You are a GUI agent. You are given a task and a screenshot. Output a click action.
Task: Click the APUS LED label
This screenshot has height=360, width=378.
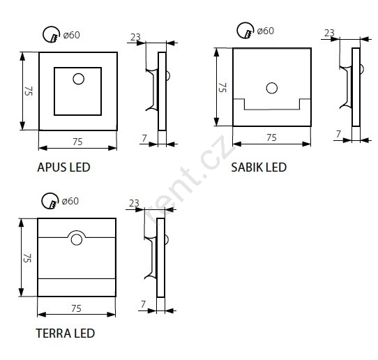[63, 167]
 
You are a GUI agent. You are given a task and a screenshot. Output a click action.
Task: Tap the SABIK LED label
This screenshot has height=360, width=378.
[259, 167]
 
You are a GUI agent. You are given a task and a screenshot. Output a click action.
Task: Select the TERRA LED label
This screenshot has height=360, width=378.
[66, 333]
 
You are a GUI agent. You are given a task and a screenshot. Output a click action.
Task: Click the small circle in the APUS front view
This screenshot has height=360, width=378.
[78, 79]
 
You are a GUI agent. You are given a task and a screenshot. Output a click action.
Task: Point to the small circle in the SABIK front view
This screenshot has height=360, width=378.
[272, 88]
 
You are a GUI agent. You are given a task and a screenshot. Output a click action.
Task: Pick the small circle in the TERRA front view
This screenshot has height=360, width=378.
[77, 240]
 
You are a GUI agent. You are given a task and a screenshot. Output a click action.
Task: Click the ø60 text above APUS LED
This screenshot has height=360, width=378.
[71, 35]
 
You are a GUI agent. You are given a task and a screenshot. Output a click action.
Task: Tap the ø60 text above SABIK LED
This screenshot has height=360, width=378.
[266, 31]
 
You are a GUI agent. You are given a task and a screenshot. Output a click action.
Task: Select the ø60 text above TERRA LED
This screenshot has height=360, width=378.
[70, 201]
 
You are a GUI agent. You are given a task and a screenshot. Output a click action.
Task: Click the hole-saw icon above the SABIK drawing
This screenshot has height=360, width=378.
[245, 31]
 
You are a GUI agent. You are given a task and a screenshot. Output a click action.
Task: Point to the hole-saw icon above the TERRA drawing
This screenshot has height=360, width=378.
[50, 201]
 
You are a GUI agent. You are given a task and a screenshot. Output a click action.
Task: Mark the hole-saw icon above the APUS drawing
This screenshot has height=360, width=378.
[52, 34]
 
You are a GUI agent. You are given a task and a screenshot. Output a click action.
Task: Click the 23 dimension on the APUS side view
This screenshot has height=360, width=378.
[135, 37]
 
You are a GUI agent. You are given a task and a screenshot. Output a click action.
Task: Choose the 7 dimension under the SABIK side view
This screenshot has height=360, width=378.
[338, 134]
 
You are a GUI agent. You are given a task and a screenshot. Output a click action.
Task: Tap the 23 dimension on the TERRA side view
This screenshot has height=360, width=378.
[134, 203]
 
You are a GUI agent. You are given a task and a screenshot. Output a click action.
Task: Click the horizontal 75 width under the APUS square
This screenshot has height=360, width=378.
[77, 142]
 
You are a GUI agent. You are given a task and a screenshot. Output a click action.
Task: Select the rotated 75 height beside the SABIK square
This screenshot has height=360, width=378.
[222, 87]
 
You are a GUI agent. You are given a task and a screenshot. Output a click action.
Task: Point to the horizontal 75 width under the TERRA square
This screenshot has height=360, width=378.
[76, 308]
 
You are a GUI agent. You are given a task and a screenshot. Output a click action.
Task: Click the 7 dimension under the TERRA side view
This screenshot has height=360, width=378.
[143, 304]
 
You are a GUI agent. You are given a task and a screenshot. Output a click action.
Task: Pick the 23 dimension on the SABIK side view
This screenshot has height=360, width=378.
[329, 33]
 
